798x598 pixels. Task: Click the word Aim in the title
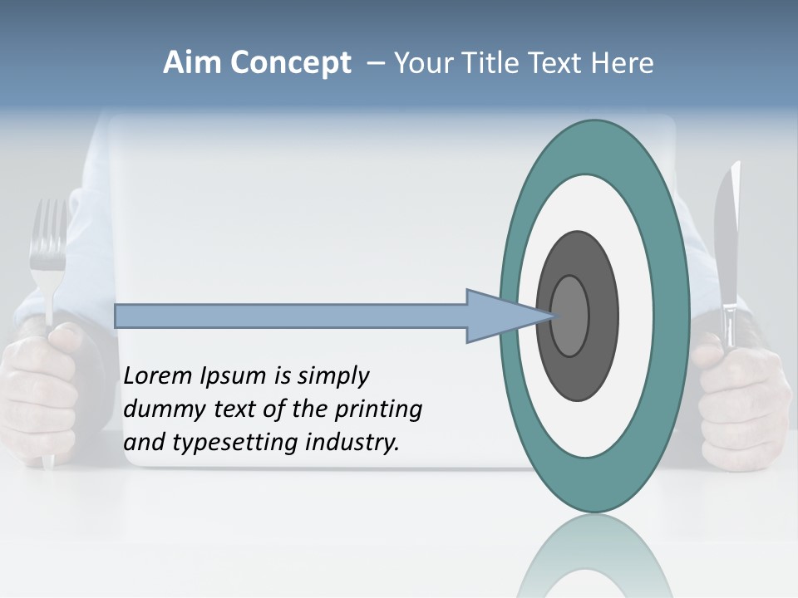pyautogui.click(x=193, y=63)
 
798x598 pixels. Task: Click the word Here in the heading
pyautogui.click(x=622, y=63)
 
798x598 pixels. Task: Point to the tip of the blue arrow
pyautogui.click(x=552, y=316)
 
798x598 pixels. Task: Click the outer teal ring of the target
pyautogui.click(x=670, y=316)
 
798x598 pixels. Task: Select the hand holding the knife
pyautogui.click(x=740, y=399)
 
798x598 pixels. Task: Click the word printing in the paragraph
pyautogui.click(x=379, y=410)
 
